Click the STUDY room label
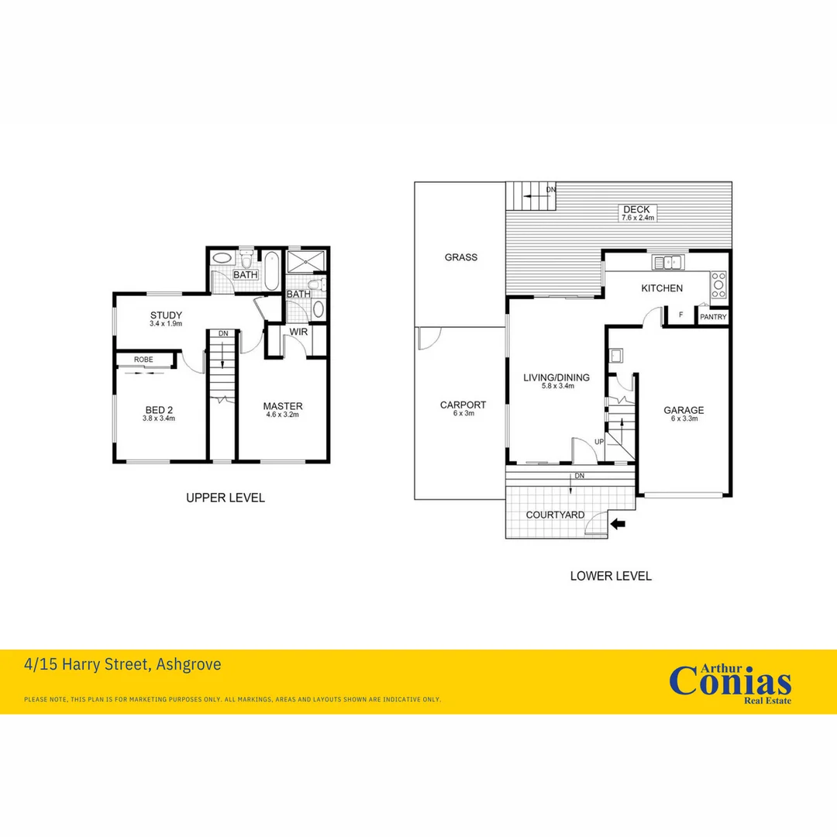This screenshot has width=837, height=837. tap(166, 315)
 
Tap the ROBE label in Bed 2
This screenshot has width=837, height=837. tap(143, 360)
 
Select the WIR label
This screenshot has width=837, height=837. tap(299, 332)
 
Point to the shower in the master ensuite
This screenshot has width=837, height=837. tap(307, 263)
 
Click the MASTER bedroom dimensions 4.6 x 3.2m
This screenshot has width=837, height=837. tap(282, 415)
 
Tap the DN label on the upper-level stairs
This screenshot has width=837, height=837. tap(223, 333)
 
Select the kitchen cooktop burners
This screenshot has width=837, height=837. tap(719, 284)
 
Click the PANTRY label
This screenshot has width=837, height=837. tap(713, 317)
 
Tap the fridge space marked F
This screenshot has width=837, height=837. tap(680, 315)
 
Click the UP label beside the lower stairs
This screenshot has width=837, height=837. tap(598, 442)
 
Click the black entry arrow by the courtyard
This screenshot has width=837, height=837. tap(618, 524)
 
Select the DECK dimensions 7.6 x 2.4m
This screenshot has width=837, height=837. tap(639, 218)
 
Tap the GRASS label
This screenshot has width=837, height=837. tap(460, 257)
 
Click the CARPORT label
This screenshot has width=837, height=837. tap(463, 405)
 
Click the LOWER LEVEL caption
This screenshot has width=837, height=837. tap(611, 576)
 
